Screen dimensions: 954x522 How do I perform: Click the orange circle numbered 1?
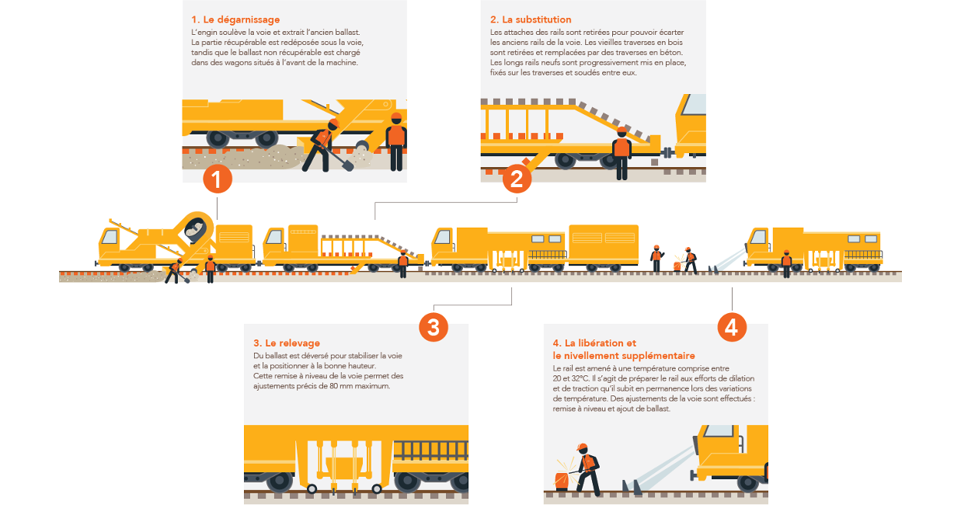(x=218, y=179)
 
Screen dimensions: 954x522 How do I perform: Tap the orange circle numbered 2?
(x=517, y=179)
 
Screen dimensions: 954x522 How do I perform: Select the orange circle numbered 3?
(x=433, y=328)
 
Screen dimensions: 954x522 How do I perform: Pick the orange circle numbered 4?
(x=732, y=328)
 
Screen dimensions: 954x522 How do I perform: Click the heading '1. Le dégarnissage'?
(x=235, y=19)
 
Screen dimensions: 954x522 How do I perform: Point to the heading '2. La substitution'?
(x=531, y=19)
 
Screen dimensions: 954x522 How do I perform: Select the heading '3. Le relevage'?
(x=287, y=343)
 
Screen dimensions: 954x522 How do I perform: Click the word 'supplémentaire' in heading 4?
(x=659, y=356)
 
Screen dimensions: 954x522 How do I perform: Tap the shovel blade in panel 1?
(x=347, y=165)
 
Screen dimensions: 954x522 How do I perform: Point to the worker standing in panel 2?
(x=621, y=153)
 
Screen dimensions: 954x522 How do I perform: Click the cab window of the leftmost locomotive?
(x=110, y=237)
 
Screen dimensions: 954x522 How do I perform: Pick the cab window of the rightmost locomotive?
(x=758, y=237)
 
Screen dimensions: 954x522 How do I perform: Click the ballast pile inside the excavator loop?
(x=195, y=230)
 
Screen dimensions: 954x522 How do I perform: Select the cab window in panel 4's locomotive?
(x=719, y=430)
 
